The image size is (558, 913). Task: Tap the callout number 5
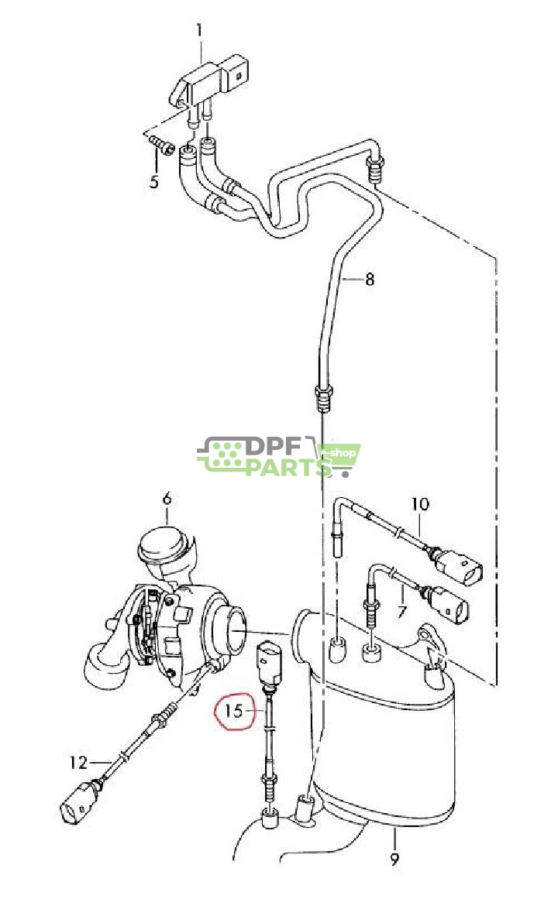click(x=154, y=182)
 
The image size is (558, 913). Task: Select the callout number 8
click(x=369, y=279)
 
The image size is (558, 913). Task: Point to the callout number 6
click(x=167, y=499)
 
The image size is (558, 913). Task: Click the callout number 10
click(x=419, y=504)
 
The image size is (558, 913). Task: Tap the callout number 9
click(x=394, y=858)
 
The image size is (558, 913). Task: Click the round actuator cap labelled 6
click(x=164, y=547)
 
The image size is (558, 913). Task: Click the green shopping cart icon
click(x=339, y=457)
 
